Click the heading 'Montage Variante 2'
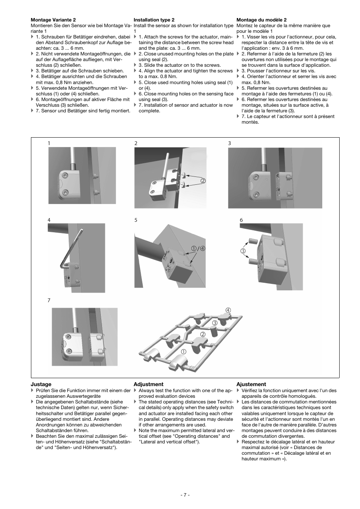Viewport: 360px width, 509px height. [53, 20]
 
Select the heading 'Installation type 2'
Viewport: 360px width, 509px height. [154, 20]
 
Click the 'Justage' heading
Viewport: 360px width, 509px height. [41, 384]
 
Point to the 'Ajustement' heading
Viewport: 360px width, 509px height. [251, 384]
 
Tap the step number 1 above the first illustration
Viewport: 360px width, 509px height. [49, 143]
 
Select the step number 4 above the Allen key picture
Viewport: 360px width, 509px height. [49, 220]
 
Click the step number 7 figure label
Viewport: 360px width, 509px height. [49, 300]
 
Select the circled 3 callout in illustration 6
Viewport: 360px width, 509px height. [243, 251]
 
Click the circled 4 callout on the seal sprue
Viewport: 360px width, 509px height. [228, 310]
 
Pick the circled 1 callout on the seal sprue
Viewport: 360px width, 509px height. [184, 351]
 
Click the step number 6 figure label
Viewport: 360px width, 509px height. [241, 220]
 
